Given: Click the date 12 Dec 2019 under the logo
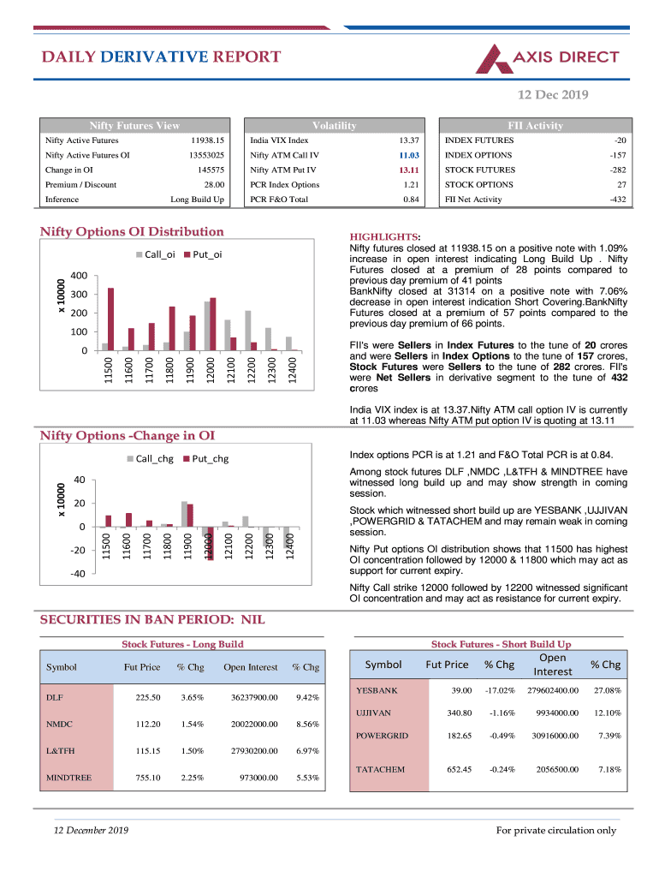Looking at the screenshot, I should point(555,94).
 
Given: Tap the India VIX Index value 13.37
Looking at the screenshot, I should point(407,140).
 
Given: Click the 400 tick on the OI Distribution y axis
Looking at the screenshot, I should point(80,276).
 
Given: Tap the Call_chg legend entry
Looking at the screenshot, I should point(149,458).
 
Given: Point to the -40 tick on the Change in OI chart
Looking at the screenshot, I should point(78,574).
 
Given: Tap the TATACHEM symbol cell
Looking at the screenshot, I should point(380,769).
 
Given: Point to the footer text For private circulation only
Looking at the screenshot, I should point(556,830).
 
